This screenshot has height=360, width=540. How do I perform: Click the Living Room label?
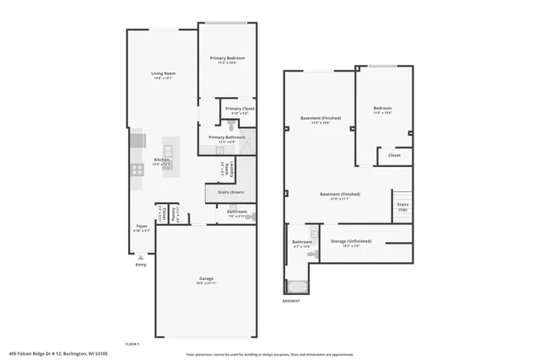point(163,74)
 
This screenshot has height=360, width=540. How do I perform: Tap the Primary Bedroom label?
point(227,57)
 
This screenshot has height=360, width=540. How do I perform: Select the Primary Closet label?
point(240,109)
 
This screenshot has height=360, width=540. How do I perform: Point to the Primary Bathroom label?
point(227,137)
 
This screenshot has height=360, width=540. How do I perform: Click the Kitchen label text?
point(161,160)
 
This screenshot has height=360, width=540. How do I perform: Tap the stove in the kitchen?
point(136,169)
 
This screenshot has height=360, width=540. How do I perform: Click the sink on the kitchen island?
point(167,153)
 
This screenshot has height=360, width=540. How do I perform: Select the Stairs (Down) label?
point(230,192)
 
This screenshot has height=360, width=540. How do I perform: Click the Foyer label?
point(143,226)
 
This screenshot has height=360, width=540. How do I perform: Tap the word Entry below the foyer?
point(140,266)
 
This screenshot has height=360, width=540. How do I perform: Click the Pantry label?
point(174,213)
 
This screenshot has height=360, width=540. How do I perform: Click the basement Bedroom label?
point(382,109)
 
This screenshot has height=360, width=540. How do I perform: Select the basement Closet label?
point(394,155)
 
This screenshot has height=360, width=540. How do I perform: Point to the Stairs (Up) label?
point(402,206)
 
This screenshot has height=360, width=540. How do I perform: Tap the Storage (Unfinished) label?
point(350,241)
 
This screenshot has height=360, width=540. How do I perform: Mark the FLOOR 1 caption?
point(132,344)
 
